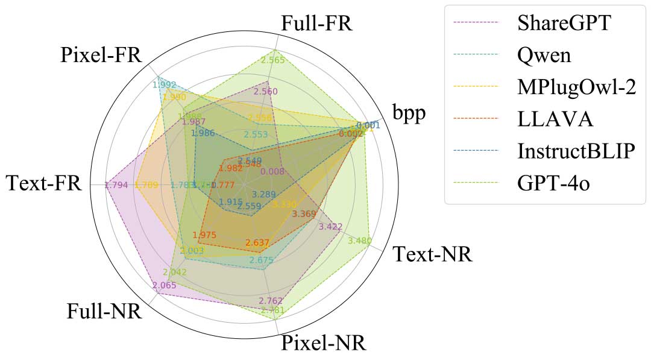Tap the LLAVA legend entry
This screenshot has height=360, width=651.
[555, 119]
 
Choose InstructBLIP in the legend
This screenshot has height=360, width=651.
[576, 151]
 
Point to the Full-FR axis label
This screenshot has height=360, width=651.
[316, 24]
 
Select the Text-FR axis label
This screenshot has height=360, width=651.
[43, 183]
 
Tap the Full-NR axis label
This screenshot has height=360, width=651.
[104, 312]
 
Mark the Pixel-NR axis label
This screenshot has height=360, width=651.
[323, 344]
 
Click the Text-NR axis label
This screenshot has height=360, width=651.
[432, 254]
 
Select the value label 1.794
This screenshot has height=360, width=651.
[116, 185]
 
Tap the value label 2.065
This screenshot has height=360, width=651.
[164, 285]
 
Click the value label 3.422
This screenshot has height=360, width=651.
[330, 227]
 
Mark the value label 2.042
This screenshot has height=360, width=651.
[175, 272]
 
